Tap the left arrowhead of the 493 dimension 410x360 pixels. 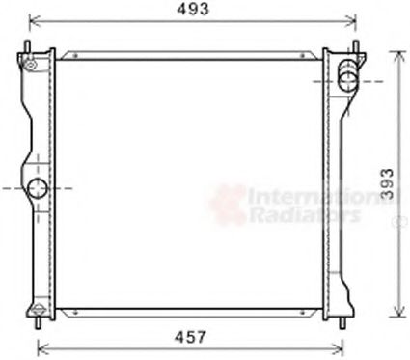32,18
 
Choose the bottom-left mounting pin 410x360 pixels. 38,318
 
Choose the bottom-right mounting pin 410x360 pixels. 344,318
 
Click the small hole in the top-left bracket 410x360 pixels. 31,65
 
